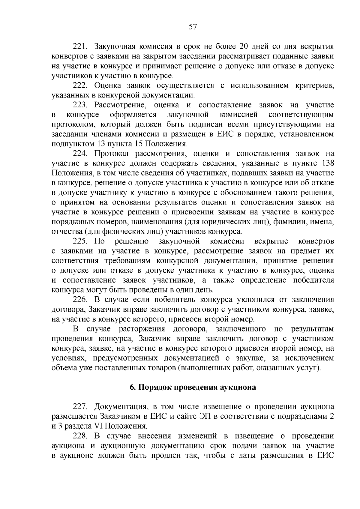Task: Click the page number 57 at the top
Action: pos(193,27)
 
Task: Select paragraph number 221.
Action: pos(80,46)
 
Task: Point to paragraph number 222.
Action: pos(80,85)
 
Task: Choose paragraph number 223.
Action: pos(80,105)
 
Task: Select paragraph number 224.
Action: pos(80,154)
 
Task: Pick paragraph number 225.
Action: pos(80,241)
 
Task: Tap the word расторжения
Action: pos(142,329)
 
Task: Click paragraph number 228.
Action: pos(80,436)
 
